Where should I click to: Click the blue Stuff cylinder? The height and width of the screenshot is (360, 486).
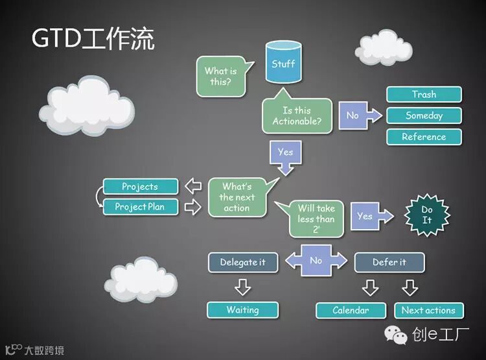pyautogui.click(x=283, y=63)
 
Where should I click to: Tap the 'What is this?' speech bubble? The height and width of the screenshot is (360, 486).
pyautogui.click(x=221, y=77)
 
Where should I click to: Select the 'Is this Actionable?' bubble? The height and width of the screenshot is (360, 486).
pyautogui.click(x=297, y=116)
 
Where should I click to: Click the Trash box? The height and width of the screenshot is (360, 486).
pyautogui.click(x=424, y=95)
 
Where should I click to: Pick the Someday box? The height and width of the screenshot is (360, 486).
pyautogui.click(x=424, y=116)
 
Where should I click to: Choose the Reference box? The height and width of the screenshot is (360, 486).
pyautogui.click(x=424, y=137)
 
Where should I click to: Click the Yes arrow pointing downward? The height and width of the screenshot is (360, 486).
pyautogui.click(x=285, y=156)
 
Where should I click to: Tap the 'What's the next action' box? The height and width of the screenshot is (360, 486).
pyautogui.click(x=237, y=197)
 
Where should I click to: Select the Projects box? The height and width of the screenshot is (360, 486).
pyautogui.click(x=140, y=187)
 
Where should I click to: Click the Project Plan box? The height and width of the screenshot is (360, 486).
pyautogui.click(x=140, y=207)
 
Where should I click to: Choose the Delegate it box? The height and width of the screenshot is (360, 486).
pyautogui.click(x=242, y=262)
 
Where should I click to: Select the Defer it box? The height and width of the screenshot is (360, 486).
pyautogui.click(x=389, y=262)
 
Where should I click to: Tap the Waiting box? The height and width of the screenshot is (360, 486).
pyautogui.click(x=242, y=310)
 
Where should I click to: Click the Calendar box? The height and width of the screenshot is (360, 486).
pyautogui.click(x=351, y=311)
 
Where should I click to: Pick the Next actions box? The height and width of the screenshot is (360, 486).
pyautogui.click(x=428, y=311)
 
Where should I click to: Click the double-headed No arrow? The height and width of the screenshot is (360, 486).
pyautogui.click(x=316, y=261)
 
